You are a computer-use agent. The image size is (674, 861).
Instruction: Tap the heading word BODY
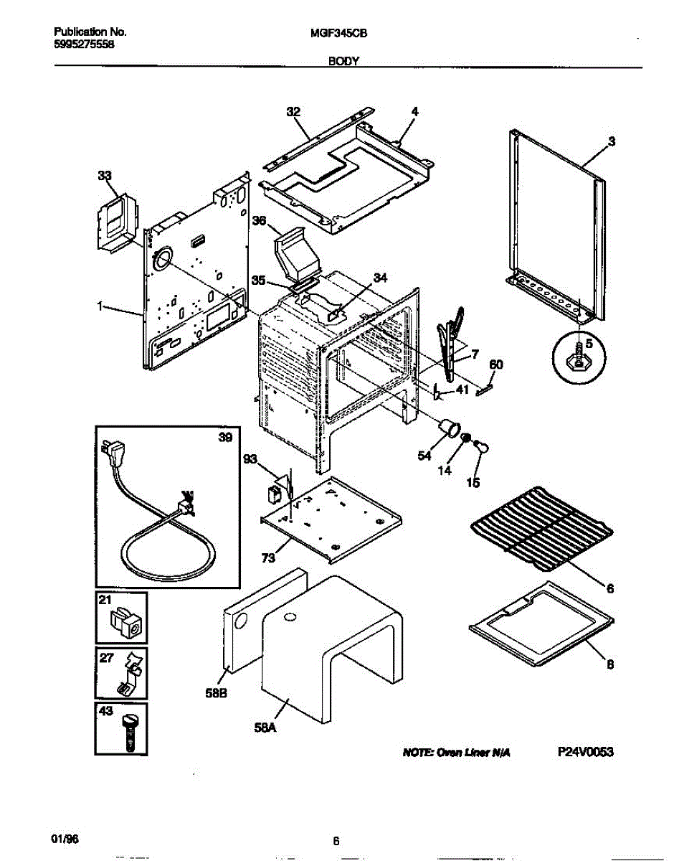coord(343,62)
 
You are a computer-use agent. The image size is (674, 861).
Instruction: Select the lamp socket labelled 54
coord(450,428)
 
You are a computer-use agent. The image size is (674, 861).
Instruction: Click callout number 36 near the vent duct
coord(259,222)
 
